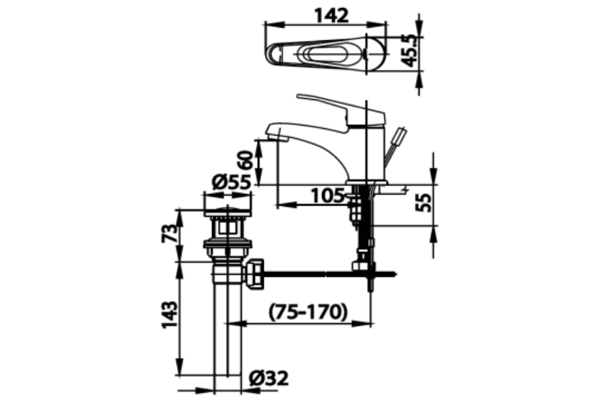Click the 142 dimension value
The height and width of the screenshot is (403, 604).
click(x=332, y=16)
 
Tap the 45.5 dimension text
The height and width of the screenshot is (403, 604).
click(x=409, y=50)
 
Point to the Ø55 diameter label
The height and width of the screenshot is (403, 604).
click(x=232, y=182)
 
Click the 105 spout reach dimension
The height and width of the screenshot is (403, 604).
click(x=328, y=195)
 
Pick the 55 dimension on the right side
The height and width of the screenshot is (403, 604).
click(x=423, y=202)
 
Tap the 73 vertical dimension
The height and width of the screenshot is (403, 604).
click(x=170, y=233)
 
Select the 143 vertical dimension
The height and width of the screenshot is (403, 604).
click(x=170, y=314)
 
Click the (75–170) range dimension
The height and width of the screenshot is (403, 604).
click(x=308, y=312)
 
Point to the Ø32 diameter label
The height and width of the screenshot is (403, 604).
click(x=268, y=378)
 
